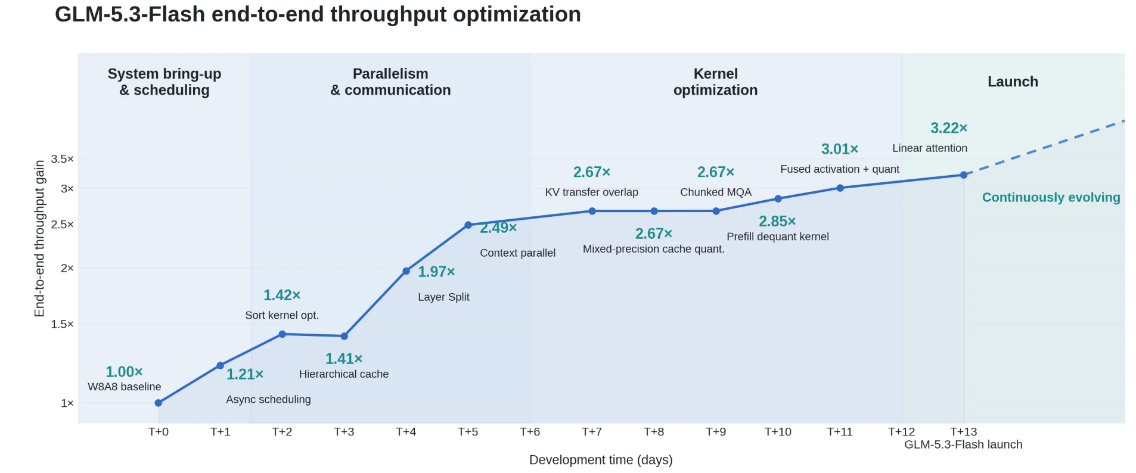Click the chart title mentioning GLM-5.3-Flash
[x=318, y=14]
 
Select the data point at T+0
[x=159, y=403]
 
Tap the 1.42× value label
[x=282, y=295]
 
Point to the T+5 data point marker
[x=468, y=225]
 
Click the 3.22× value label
[x=949, y=128]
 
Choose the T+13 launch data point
[x=963, y=175]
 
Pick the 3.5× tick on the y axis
[x=63, y=159]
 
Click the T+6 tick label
[x=530, y=432]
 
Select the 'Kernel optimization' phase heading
[x=715, y=82]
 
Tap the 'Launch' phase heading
[x=1013, y=82]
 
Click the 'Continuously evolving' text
[x=1051, y=197]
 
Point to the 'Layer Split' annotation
[x=443, y=297]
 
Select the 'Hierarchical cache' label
[x=344, y=374]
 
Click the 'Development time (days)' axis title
[x=601, y=460]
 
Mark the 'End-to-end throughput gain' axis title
[x=39, y=238]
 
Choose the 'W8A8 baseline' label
[x=125, y=387]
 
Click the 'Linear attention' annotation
[x=930, y=148]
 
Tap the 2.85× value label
[x=777, y=222]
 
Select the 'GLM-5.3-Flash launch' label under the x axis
[x=963, y=444]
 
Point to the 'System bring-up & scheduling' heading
[x=164, y=82]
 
